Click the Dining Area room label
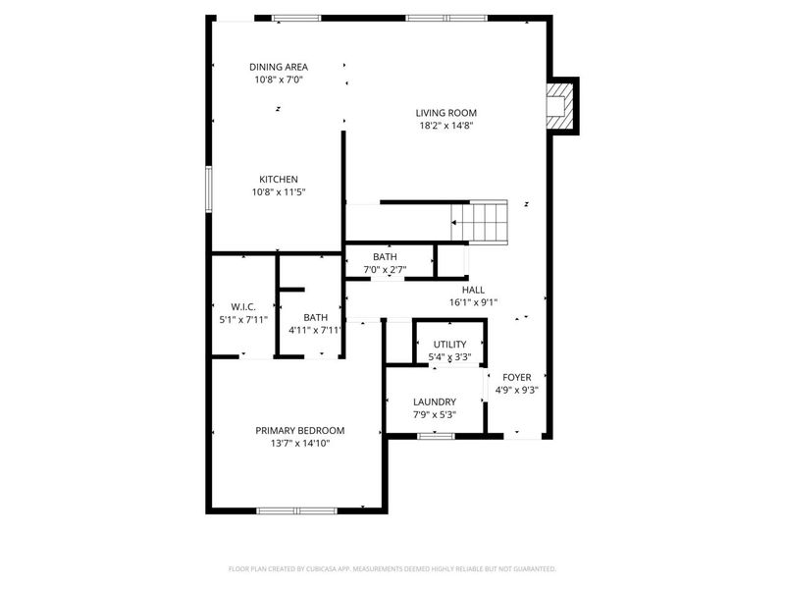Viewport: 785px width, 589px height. pos(278,67)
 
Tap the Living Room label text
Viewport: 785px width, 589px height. pos(446,113)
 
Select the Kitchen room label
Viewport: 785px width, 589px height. pos(279,180)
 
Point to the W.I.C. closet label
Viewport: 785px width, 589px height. pos(243,307)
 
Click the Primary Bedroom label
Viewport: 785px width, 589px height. pos(300,430)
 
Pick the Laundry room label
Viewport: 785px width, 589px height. pos(434,402)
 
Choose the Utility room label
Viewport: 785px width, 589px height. pos(449,345)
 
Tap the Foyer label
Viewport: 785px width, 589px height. pos(517,377)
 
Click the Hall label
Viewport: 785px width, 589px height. pos(474,290)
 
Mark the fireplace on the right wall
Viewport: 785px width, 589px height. pos(558,105)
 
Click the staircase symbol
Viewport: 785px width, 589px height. pos(481,221)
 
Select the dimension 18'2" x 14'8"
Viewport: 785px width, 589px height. pos(446,126)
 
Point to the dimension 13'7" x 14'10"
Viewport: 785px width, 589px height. pos(300,444)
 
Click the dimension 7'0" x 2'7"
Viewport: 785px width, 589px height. pos(385,269)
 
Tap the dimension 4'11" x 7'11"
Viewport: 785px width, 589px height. pos(315,330)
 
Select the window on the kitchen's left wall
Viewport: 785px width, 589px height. pos(208,187)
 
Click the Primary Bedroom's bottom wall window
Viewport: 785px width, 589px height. pos(296,510)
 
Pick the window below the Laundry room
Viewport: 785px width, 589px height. pos(435,435)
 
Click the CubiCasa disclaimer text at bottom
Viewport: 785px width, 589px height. pos(392,568)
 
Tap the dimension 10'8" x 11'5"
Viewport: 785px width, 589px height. pos(279,192)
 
